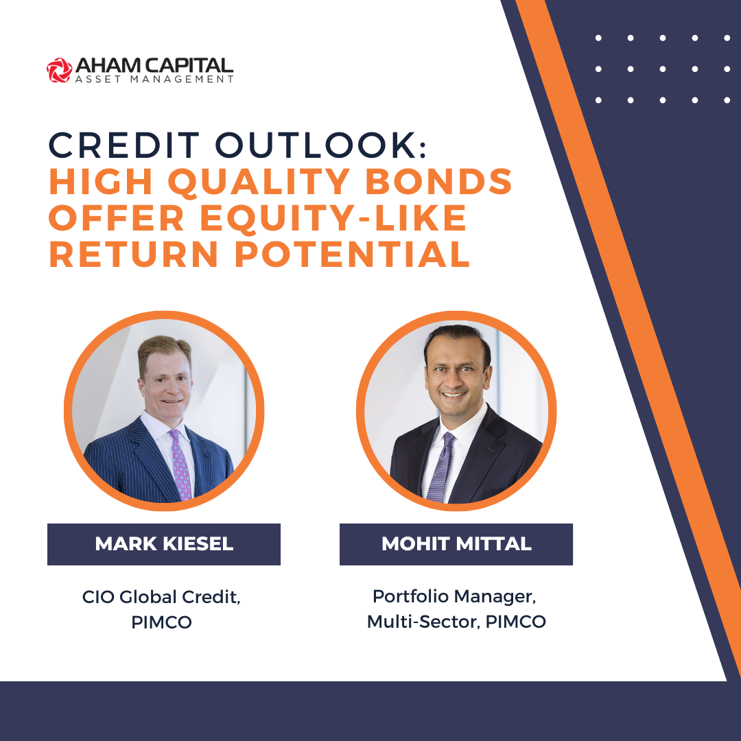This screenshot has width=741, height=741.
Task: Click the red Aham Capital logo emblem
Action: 60,71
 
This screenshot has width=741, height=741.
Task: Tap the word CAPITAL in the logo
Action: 189,66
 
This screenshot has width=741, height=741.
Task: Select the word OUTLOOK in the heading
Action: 316,145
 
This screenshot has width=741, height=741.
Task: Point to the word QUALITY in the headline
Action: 259,182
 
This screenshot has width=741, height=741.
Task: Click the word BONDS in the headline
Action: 439,181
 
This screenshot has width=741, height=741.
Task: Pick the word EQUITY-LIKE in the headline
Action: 333,219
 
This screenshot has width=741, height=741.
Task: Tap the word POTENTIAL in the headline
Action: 352,255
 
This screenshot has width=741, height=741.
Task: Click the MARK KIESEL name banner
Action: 164,544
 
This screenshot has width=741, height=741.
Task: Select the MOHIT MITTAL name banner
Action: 456,544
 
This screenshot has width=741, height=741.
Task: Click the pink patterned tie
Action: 181,464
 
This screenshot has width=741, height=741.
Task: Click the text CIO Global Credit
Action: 161,597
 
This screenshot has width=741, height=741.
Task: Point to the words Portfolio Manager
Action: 454,596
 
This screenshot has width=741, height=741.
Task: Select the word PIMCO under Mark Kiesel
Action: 162,622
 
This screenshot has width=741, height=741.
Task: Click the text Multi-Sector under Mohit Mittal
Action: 423,622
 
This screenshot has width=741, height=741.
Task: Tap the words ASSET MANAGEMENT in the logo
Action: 154,80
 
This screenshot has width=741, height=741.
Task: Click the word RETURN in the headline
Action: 134,255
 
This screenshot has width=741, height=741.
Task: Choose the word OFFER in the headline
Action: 117,218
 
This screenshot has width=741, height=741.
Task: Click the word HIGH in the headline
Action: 101,181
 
